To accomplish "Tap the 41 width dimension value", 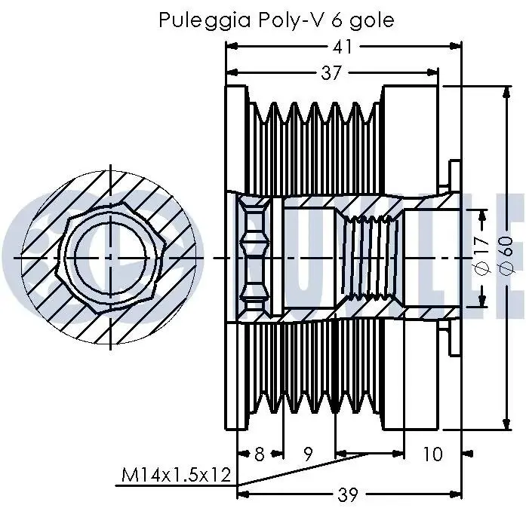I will pos(343,47).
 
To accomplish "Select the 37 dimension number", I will pos(331,73).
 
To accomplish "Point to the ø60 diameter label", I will pos(506,257).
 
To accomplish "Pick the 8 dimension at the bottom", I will pos(259,454).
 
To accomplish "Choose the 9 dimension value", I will pos(308,454).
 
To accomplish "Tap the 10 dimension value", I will pos(432,454).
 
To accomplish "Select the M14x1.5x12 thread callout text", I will pos(177,476).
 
